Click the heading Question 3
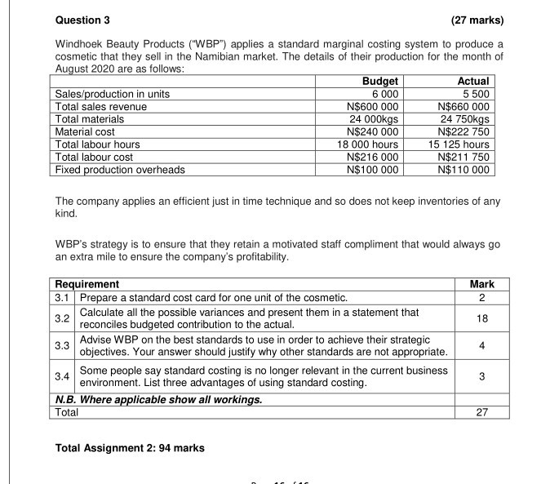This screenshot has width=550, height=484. [x=82, y=20]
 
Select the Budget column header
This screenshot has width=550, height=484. [x=379, y=81]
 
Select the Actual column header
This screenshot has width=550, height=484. [x=474, y=81]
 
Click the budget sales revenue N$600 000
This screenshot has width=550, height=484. [x=373, y=106]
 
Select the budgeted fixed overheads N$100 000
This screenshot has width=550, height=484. [x=373, y=170]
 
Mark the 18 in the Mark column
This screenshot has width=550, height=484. [x=481, y=317]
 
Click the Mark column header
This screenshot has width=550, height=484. [x=481, y=284]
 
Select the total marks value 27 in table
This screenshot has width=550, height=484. [x=481, y=412]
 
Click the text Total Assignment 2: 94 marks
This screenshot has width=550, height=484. [x=130, y=447]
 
